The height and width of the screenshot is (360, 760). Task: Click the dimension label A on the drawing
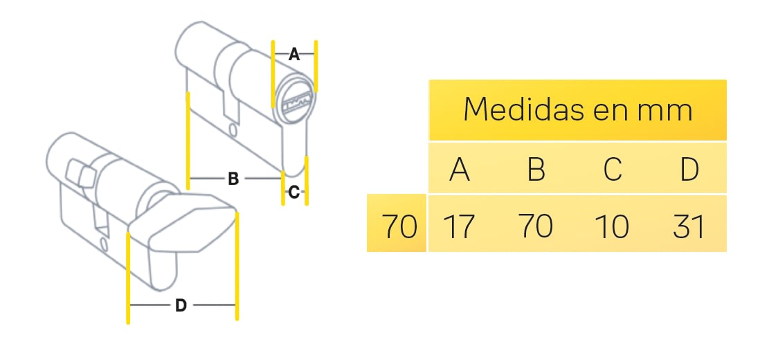pos(294,55)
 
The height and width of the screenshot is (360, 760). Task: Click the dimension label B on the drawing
pos(233,179)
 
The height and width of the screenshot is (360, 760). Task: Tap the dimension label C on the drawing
pos(293,193)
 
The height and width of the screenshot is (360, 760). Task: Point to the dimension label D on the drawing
pos(180,305)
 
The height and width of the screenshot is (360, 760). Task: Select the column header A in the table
pos(460,169)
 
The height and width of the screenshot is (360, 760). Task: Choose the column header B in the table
pos(536,169)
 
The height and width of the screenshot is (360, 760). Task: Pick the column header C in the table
pos(613,169)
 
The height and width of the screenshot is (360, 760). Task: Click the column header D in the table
pos(689,169)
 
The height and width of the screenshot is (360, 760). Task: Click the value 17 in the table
pos(458,226)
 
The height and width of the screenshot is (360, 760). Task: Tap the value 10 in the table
pos(612,226)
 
